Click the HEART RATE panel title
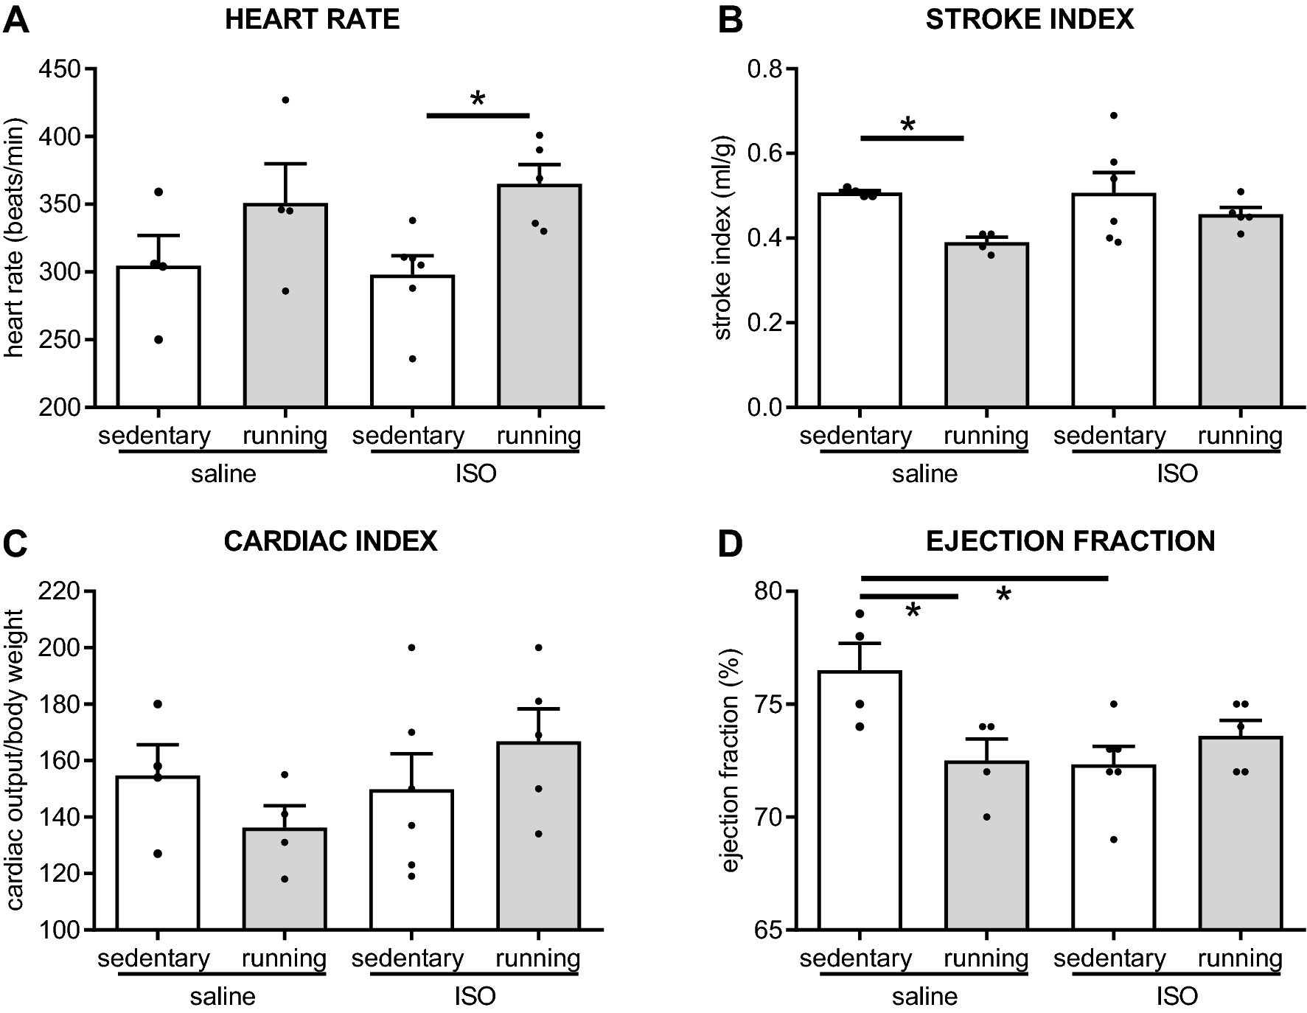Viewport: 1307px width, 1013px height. (x=312, y=19)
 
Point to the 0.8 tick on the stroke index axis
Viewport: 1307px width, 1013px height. (x=765, y=69)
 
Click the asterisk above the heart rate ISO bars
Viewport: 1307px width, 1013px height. (x=478, y=99)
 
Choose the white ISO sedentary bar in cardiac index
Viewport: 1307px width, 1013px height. (x=411, y=863)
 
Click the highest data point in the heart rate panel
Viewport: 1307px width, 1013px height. (x=285, y=100)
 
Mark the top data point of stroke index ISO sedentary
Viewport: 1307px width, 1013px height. (x=1114, y=116)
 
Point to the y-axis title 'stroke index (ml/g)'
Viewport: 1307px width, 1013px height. (x=724, y=238)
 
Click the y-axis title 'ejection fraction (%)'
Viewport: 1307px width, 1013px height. (x=730, y=759)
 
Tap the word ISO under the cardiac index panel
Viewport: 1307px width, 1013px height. (x=475, y=997)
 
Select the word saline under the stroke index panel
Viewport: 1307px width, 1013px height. (x=924, y=473)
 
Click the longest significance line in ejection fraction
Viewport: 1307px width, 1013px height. (x=984, y=578)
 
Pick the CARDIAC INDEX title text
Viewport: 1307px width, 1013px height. (x=330, y=541)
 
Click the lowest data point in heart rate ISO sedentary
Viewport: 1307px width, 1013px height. (x=412, y=359)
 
